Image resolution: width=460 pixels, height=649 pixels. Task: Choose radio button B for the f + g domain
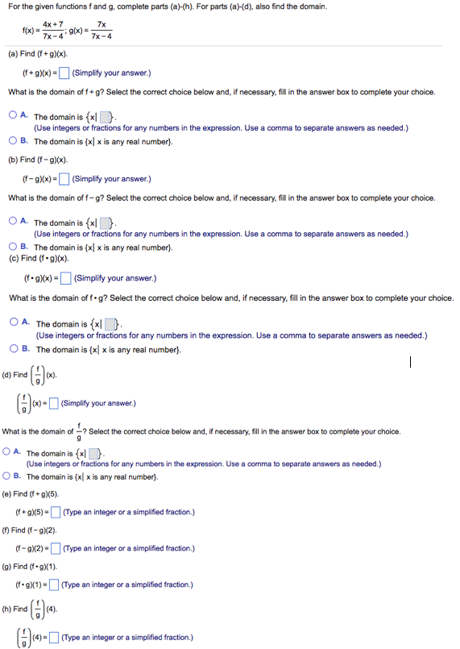tap(15, 141)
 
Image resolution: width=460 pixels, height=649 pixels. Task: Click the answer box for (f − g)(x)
tap(65, 179)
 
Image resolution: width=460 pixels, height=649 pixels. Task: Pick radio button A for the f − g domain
tap(15, 223)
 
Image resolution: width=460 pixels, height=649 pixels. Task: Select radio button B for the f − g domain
tap(15, 247)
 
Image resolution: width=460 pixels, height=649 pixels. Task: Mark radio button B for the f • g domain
tap(16, 349)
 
